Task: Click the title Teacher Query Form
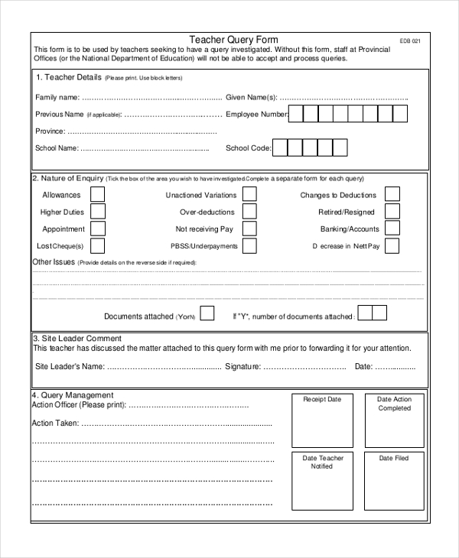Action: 234,40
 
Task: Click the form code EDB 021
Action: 410,41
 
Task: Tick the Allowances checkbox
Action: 98,195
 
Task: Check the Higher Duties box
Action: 98,212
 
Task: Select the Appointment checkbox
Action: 98,229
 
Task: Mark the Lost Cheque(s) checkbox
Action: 98,245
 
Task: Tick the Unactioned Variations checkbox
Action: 249,195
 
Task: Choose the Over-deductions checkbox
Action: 249,212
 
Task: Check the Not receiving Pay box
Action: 249,229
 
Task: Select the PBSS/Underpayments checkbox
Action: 249,245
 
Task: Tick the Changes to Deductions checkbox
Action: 392,195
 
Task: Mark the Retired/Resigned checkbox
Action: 392,212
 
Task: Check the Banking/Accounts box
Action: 392,229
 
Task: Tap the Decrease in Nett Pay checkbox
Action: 392,245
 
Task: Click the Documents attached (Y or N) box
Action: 207,314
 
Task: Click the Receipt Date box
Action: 322,420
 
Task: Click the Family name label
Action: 57,97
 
